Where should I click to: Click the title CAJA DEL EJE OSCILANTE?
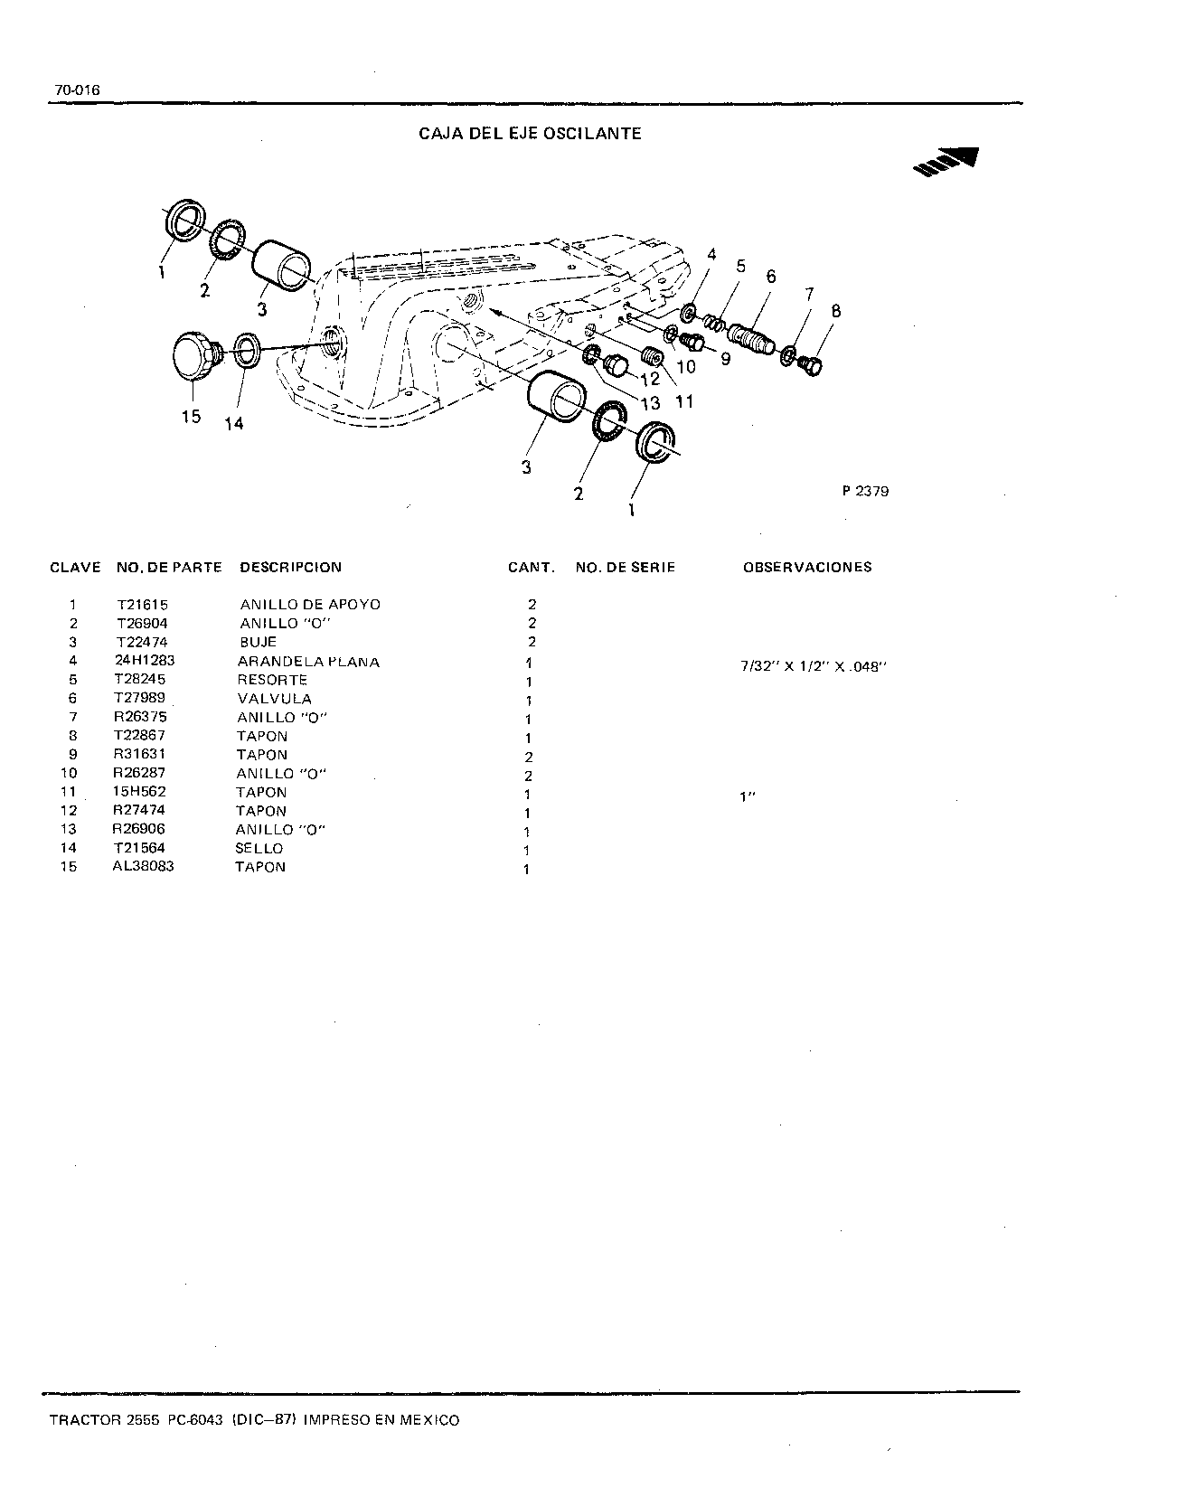pyautogui.click(x=530, y=134)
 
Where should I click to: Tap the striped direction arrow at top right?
pyautogui.click(x=946, y=161)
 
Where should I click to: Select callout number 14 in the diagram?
pyautogui.click(x=234, y=423)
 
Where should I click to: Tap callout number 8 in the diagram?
pyautogui.click(x=835, y=311)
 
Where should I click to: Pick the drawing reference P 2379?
pyautogui.click(x=865, y=492)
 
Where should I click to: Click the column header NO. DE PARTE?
pyautogui.click(x=169, y=568)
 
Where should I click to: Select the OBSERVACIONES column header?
pyautogui.click(x=807, y=568)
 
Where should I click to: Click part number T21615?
pyautogui.click(x=142, y=605)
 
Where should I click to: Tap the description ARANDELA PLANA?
pyautogui.click(x=308, y=662)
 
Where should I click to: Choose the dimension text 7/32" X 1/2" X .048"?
pyautogui.click(x=810, y=667)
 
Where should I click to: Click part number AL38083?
pyautogui.click(x=143, y=866)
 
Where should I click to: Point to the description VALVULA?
pyautogui.click(x=274, y=699)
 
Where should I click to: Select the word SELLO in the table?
pyautogui.click(x=259, y=848)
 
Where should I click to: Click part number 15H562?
pyautogui.click(x=140, y=792)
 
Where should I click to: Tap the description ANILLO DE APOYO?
pyautogui.click(x=310, y=605)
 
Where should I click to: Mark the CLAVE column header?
pyautogui.click(x=75, y=568)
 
